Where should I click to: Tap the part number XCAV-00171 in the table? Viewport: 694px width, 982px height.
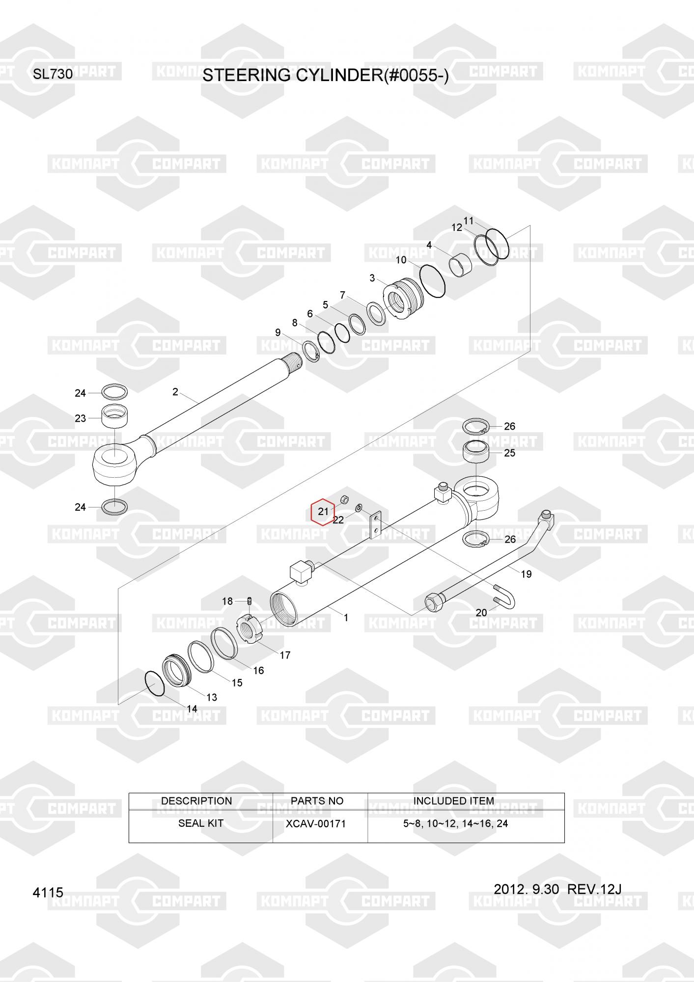[x=316, y=823]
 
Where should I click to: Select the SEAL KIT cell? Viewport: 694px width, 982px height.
[x=200, y=823]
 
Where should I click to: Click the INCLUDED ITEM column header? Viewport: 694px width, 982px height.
[x=453, y=801]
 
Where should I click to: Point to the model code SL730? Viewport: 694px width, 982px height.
[x=53, y=75]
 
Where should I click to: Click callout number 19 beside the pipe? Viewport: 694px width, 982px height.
[x=526, y=574]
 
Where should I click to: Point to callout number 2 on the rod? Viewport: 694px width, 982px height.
[x=175, y=392]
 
